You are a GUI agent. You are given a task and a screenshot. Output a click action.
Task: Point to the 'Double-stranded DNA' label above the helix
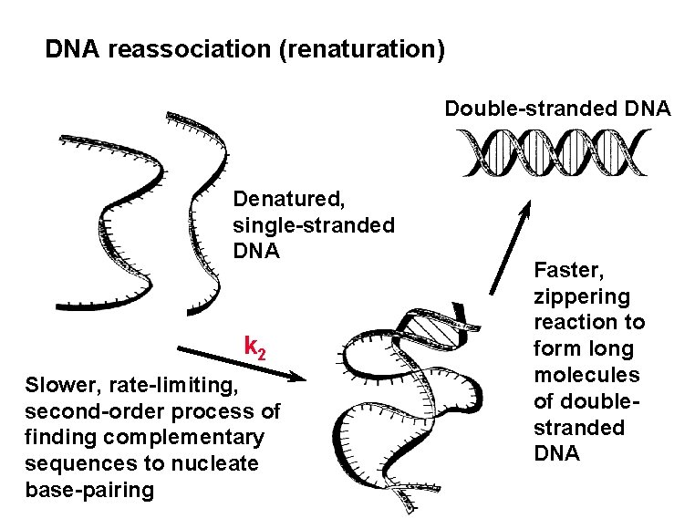pos(557,109)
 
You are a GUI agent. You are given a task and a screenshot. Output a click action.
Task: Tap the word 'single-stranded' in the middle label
pos(314,224)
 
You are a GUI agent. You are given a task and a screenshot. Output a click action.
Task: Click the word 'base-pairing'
pos(90,491)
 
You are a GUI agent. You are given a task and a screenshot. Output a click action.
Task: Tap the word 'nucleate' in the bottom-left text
pos(220,464)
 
